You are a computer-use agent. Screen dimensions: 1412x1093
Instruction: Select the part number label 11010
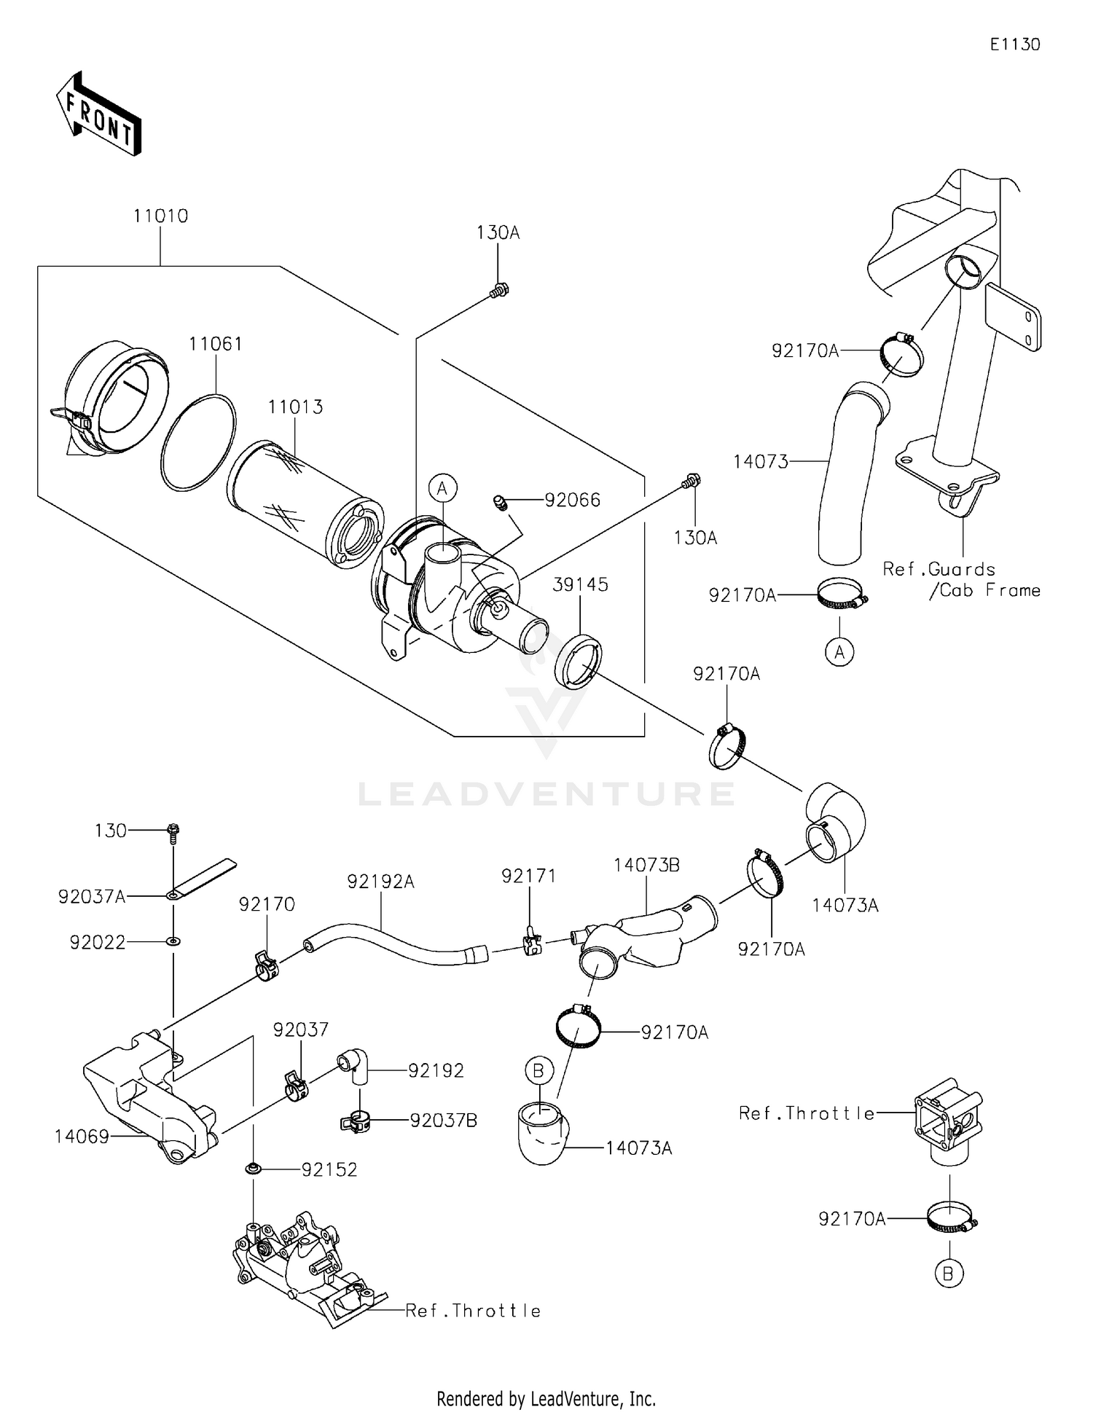160,216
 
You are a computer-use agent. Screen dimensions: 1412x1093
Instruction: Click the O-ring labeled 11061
198,442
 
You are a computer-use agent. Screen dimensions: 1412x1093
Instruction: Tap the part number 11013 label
295,407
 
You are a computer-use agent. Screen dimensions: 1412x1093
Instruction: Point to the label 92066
573,500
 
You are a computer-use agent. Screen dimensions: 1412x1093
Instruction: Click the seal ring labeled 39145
579,662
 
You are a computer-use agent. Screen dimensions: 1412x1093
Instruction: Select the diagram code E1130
1014,44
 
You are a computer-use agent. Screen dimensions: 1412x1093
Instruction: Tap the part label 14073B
646,865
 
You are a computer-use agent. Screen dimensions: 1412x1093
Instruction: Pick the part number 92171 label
528,876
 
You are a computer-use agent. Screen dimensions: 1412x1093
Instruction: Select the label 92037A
92,897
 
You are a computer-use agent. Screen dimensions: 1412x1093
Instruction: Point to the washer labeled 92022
173,941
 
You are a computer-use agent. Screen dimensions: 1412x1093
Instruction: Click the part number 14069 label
82,1136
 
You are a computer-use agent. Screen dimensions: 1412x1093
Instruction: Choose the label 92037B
443,1121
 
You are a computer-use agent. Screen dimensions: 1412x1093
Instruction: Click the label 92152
329,1169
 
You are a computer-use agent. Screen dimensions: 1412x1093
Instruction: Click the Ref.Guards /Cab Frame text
961,580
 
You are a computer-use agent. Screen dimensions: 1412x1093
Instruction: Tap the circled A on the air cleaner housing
442,488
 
